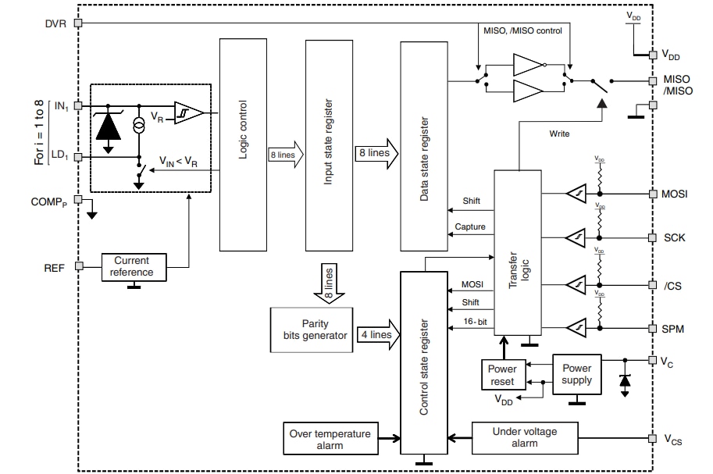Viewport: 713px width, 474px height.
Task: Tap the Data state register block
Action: [x=425, y=147]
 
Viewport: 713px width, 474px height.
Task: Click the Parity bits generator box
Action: [x=311, y=329]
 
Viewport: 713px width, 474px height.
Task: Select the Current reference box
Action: [x=132, y=266]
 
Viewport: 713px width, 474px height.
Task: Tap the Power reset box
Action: [x=501, y=375]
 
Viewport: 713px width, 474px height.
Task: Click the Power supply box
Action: [x=577, y=375]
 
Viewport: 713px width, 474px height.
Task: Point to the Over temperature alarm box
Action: [x=330, y=440]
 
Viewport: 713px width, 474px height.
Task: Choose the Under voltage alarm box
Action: [x=525, y=437]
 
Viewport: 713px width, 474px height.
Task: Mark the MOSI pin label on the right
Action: [x=673, y=194]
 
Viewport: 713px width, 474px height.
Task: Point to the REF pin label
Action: [x=55, y=266]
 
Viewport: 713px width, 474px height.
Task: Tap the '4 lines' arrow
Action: [x=376, y=335]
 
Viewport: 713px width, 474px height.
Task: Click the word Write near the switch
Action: [x=559, y=134]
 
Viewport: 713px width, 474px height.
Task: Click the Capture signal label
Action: [x=469, y=227]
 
